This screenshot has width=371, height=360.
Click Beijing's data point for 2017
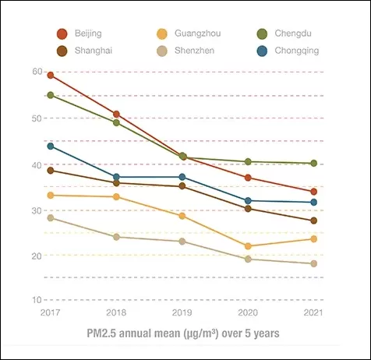click(51, 76)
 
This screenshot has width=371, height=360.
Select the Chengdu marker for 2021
click(314, 163)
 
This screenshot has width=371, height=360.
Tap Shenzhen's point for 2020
click(248, 259)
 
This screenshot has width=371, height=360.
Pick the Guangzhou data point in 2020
click(248, 245)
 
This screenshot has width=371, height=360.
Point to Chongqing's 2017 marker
click(51, 146)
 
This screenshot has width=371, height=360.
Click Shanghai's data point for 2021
click(314, 221)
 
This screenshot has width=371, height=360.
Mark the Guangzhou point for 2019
click(182, 216)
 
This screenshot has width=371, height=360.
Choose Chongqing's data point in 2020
click(248, 200)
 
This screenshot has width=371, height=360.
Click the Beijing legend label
click(88, 34)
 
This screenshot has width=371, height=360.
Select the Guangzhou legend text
click(198, 34)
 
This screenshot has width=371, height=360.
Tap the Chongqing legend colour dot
click(262, 51)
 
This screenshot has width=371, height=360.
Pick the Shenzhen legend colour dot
click(162, 51)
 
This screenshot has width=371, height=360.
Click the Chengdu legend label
click(293, 34)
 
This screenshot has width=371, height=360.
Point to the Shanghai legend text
click(94, 51)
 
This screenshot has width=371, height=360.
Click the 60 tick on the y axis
click(37, 72)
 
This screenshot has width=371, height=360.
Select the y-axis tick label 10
click(37, 300)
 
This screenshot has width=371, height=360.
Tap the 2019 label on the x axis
click(182, 312)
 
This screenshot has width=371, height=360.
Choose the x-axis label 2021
click(313, 312)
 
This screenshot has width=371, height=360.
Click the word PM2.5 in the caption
click(101, 334)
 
